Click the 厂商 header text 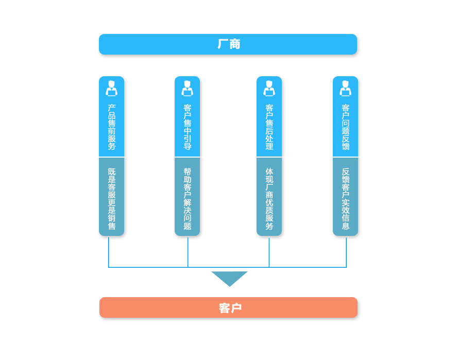click(229, 44)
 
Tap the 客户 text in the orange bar click(230, 308)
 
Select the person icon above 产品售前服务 click(111, 88)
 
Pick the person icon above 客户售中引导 click(187, 88)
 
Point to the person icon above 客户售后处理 click(269, 88)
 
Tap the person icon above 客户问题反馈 click(345, 88)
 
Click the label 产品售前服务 click(111, 127)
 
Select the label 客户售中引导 click(187, 127)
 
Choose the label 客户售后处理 click(269, 127)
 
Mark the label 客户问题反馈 click(345, 127)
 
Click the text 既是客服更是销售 click(111, 199)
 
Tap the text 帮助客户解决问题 click(187, 199)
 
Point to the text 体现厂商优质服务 click(269, 199)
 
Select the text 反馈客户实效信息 click(345, 199)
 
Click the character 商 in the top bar click(235, 44)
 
